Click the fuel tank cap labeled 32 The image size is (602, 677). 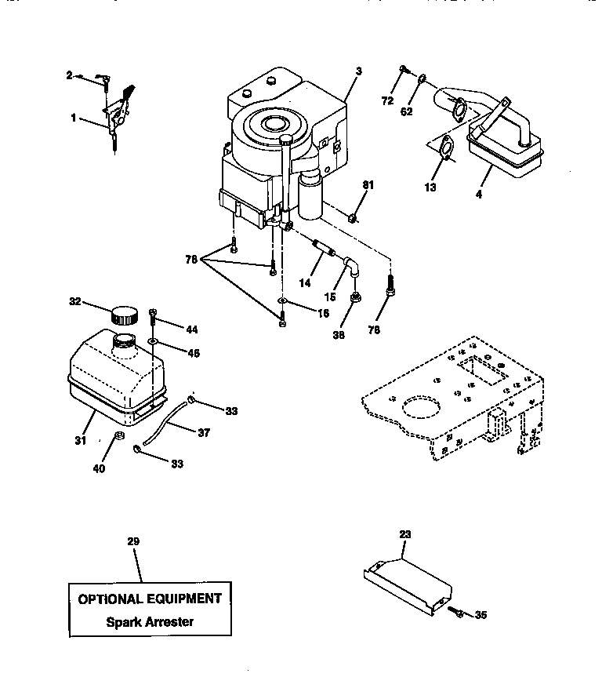tap(124, 315)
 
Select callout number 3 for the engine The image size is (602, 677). tap(357, 71)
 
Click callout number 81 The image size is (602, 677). tap(368, 185)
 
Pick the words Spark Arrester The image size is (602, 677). tap(149, 622)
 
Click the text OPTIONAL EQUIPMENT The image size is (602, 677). tap(149, 599)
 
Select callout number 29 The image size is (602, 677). tap(132, 541)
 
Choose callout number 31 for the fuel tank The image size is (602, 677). tap(79, 441)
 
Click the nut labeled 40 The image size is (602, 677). tap(120, 435)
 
